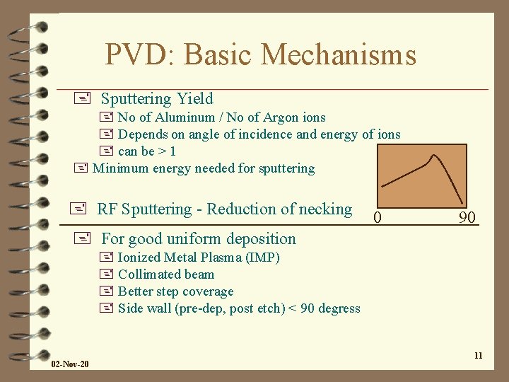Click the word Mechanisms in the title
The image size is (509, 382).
click(337, 54)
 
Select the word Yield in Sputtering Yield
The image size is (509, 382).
click(194, 99)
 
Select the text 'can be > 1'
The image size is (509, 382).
click(147, 151)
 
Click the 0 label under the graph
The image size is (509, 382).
click(378, 217)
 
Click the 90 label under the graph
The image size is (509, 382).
click(467, 217)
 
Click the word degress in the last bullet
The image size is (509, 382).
click(338, 308)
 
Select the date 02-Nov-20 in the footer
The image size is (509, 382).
click(70, 364)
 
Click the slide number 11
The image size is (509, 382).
click(478, 355)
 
